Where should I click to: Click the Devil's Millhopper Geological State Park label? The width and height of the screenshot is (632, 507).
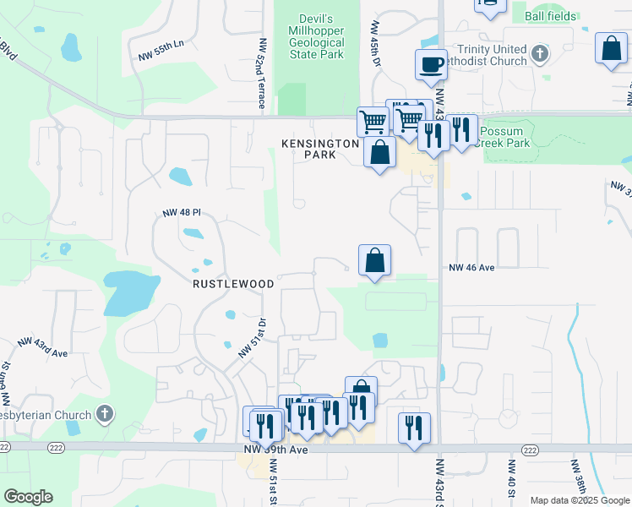(x=318, y=36)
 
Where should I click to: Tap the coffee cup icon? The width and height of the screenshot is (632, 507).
(x=431, y=64)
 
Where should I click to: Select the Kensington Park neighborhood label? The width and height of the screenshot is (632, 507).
(x=320, y=150)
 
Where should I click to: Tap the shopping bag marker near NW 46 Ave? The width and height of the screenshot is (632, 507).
(x=374, y=260)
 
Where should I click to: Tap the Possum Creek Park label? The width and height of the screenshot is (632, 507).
(x=504, y=137)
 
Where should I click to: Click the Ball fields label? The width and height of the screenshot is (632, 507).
(x=551, y=16)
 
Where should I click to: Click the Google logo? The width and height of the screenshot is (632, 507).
(x=28, y=497)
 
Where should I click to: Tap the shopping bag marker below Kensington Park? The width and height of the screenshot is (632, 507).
(x=379, y=154)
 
